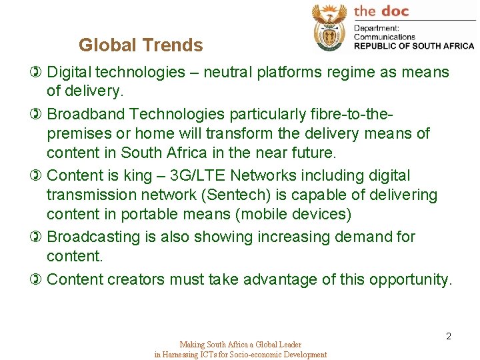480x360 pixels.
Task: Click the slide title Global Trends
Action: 141,45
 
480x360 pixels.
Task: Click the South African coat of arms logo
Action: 329,27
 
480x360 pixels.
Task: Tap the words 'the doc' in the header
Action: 381,11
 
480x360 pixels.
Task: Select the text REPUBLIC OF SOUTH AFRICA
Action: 414,46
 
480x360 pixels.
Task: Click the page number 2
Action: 449,336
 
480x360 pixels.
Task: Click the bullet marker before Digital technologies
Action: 37,72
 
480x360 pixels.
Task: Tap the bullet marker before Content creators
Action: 37,279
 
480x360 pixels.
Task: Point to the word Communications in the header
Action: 385,37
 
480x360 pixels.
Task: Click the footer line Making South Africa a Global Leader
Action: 240,345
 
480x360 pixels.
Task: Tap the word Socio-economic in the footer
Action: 245,355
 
